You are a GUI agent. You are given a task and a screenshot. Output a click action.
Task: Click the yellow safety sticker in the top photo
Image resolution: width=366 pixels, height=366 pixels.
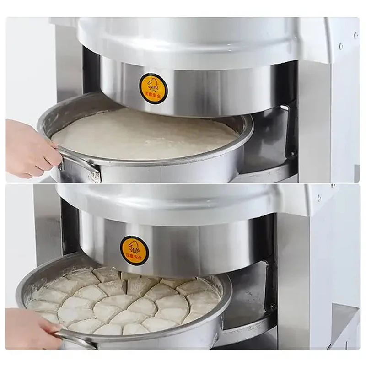coord(153,88)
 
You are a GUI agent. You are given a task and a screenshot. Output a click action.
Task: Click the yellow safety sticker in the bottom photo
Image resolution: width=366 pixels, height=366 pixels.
coord(135,250)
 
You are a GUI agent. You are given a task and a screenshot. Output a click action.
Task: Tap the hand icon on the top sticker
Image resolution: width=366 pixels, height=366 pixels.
coord(153,84)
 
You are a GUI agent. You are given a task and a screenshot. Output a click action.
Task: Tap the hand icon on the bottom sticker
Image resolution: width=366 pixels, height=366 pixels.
coord(134,247)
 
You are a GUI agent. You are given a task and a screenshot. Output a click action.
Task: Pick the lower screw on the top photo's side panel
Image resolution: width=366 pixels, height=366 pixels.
coord(341,46)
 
